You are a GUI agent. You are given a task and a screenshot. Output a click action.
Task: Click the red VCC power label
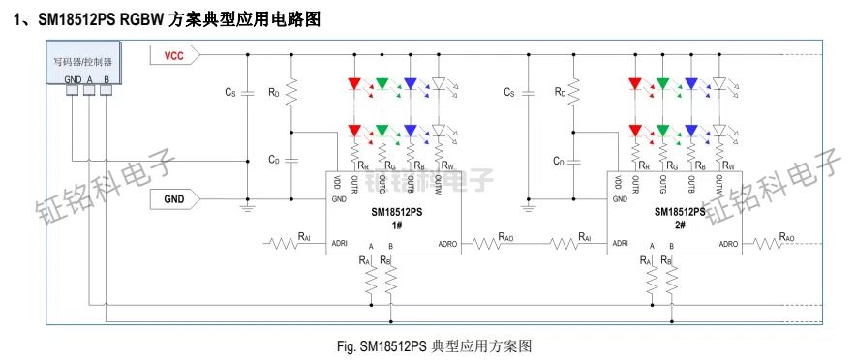pos(174,56)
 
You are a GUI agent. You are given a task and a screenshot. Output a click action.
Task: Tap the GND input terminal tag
pos(174,199)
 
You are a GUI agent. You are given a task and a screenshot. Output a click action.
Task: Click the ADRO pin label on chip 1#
pos(447,244)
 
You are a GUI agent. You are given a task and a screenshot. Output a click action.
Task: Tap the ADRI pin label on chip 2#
pos(621,244)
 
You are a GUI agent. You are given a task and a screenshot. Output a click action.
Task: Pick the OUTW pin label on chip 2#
pos(718,185)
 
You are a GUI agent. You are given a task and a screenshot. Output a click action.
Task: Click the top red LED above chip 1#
pos(353,84)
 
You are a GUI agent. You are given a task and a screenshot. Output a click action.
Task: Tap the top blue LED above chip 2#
pos(691,84)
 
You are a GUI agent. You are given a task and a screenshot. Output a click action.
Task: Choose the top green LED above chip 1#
pos(382,84)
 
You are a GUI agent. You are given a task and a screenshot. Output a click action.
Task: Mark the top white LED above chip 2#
pos(719,84)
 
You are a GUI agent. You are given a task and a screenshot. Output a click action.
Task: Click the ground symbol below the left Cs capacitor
pos(247,205)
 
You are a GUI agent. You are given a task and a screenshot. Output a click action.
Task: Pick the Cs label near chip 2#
pos(509,93)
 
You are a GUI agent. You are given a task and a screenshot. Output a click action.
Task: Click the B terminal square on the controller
pos(106,90)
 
